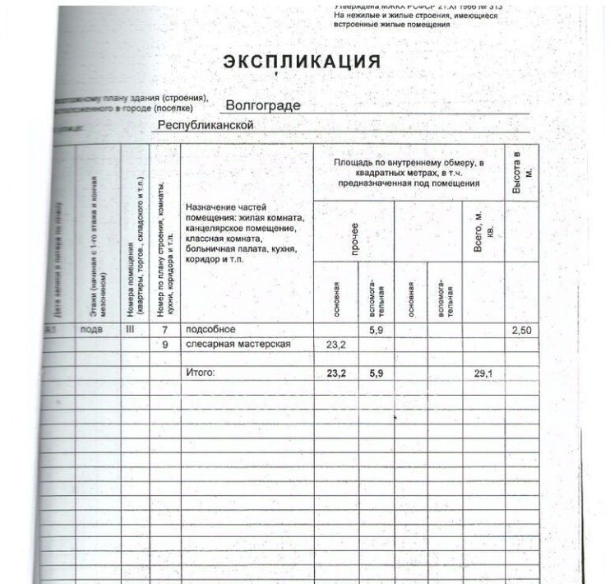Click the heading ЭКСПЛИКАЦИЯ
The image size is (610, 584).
click(x=302, y=63)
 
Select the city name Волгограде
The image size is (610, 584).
click(x=263, y=106)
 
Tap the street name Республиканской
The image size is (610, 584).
click(x=206, y=125)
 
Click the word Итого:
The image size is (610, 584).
click(x=201, y=373)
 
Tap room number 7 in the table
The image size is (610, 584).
click(x=164, y=330)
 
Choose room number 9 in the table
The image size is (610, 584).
click(x=164, y=345)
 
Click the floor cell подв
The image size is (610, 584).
click(x=91, y=330)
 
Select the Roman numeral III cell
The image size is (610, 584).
click(x=130, y=330)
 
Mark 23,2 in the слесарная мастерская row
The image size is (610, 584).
click(x=337, y=345)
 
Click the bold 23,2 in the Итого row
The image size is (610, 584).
click(x=337, y=373)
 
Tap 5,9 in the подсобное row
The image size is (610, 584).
click(x=377, y=330)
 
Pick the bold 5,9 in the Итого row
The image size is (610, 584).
click(x=377, y=373)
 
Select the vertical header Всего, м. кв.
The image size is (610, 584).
click(x=484, y=233)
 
